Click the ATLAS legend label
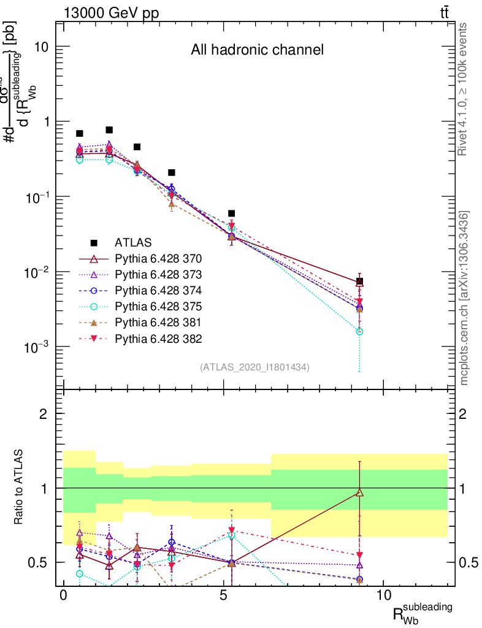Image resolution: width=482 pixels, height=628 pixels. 133,242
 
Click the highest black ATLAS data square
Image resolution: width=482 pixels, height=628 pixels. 109,130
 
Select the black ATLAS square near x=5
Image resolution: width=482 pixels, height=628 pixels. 231,213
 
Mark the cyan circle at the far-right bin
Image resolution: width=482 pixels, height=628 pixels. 359,331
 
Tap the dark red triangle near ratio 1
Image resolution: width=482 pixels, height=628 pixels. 359,492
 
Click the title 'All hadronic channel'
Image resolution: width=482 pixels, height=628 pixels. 257,50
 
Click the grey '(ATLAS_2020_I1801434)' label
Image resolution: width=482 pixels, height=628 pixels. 254,367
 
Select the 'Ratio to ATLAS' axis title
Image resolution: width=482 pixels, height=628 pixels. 18,488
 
